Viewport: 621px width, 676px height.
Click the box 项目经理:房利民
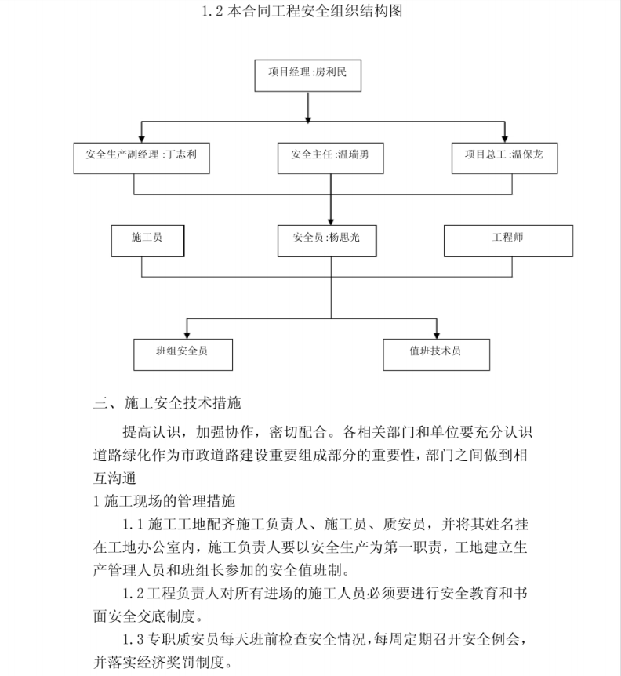[307, 75]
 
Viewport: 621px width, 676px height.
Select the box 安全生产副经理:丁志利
[141, 158]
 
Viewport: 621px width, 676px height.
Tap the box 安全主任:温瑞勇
[331, 158]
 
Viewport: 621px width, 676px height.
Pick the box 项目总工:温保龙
[505, 158]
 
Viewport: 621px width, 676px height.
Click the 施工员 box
[148, 241]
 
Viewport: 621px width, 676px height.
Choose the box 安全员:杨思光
[327, 241]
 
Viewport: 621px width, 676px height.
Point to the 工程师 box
[509, 241]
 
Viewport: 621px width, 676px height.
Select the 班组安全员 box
[183, 354]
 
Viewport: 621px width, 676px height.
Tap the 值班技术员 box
[437, 354]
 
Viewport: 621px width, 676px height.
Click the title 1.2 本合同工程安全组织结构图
[303, 11]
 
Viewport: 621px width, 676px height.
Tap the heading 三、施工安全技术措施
[167, 403]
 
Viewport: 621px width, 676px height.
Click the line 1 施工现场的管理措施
[164, 501]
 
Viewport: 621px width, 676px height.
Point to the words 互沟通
[114, 478]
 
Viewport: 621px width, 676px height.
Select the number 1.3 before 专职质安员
[133, 639]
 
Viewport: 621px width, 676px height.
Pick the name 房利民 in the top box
[331, 71]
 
